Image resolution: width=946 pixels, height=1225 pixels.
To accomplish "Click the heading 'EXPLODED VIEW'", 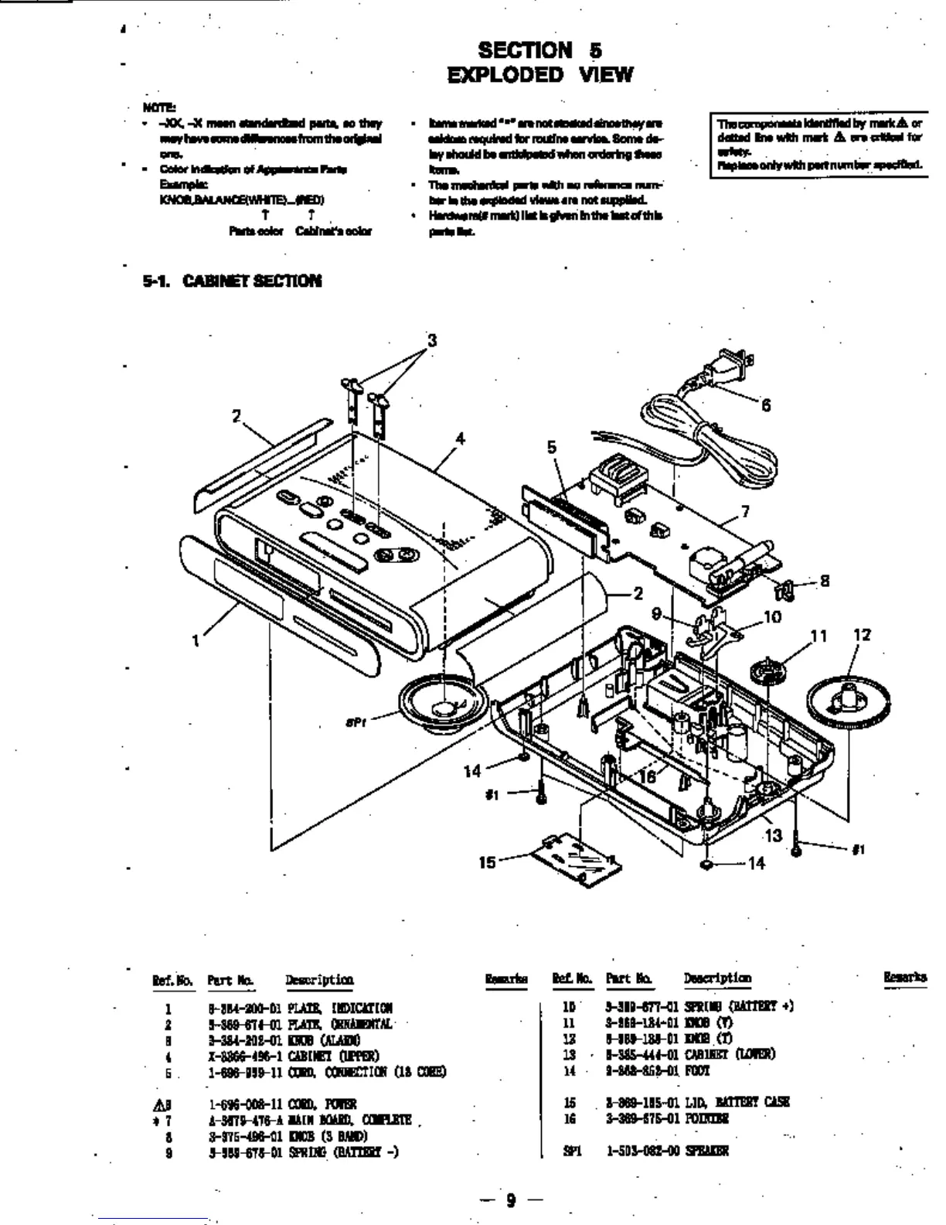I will (x=539, y=75).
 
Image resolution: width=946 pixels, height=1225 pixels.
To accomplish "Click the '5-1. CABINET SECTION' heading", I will (x=232, y=281).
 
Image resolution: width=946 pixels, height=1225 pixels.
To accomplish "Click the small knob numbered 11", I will (x=770, y=670).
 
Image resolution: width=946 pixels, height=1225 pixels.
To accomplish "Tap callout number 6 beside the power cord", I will (x=766, y=405).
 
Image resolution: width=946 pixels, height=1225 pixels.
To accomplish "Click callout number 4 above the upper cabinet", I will (x=460, y=438).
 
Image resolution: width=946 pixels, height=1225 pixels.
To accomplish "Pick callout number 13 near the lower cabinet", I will (x=773, y=835).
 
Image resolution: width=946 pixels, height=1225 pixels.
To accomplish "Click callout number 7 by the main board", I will (x=745, y=511).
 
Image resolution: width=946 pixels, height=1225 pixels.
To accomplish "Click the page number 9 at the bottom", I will (x=510, y=1200).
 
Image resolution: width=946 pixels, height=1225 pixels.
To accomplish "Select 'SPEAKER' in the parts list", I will (x=707, y=1151).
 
